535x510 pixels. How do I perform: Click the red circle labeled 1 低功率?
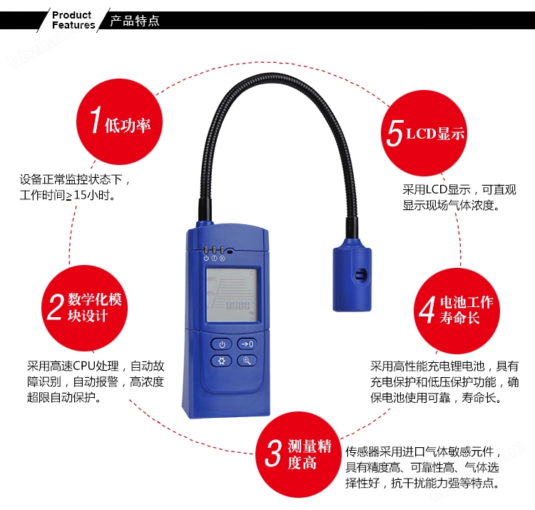119,122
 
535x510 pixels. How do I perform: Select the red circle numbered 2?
85,308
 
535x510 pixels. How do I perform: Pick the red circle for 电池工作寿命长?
457,311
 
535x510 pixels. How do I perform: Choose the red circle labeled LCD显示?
424,134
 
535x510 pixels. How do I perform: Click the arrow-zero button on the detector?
247,344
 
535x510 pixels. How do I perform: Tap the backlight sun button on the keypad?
221,361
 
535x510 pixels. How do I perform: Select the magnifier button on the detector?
247,361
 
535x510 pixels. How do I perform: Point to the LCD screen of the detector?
232,295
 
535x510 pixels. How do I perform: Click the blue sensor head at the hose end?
352,275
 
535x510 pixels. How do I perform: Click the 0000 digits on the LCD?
238,306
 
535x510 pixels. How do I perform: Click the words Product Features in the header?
73,20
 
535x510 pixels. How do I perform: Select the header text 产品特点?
135,21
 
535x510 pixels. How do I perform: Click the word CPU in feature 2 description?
84,366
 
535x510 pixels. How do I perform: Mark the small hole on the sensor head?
361,274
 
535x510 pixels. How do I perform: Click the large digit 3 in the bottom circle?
274,453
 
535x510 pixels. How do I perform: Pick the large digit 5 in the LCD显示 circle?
395,133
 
